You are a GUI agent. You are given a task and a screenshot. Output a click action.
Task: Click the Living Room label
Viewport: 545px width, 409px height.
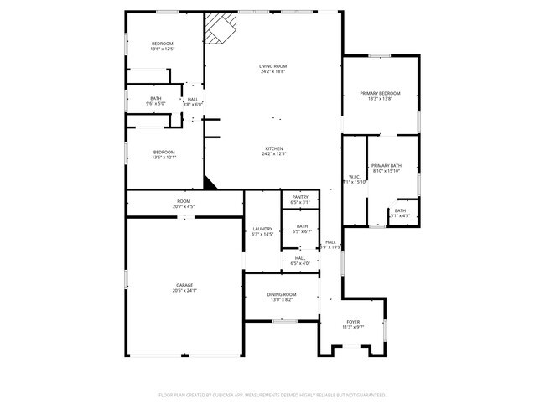coord(272,66)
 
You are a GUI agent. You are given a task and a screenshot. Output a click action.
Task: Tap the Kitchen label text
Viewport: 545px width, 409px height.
coord(274,148)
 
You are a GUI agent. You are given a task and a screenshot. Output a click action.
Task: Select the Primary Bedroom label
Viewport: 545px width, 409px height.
coord(380,93)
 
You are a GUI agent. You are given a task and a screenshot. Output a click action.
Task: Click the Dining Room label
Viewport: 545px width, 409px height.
coord(282,294)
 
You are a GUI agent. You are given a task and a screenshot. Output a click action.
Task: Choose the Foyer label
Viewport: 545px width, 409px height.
coord(354,321)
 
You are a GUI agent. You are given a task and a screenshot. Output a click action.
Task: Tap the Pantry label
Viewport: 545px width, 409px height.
coord(300,197)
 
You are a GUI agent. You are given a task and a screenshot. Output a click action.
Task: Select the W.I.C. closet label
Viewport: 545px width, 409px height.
coord(354,176)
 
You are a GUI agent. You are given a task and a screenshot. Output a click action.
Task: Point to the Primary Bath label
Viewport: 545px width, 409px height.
coord(386,166)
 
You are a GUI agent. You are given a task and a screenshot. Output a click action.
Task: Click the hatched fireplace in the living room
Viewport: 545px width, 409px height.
coord(221,27)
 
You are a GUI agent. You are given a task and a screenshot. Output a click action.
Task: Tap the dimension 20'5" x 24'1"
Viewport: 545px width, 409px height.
coord(184,291)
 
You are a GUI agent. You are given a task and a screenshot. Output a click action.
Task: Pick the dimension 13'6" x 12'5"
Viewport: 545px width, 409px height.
coord(162,49)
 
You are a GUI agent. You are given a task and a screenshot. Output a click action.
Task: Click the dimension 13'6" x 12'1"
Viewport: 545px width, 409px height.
coord(163,158)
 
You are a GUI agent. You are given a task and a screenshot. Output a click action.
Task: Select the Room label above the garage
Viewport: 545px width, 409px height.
coord(184,200)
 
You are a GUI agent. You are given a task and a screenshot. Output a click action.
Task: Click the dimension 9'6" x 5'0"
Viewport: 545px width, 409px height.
coord(157,104)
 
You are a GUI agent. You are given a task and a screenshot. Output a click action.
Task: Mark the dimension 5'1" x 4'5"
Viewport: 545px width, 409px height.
coord(400,215)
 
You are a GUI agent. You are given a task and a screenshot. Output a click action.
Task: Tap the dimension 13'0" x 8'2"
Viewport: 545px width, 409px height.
coord(282,299)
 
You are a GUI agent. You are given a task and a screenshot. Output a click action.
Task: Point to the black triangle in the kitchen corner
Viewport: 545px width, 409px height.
coord(210,183)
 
